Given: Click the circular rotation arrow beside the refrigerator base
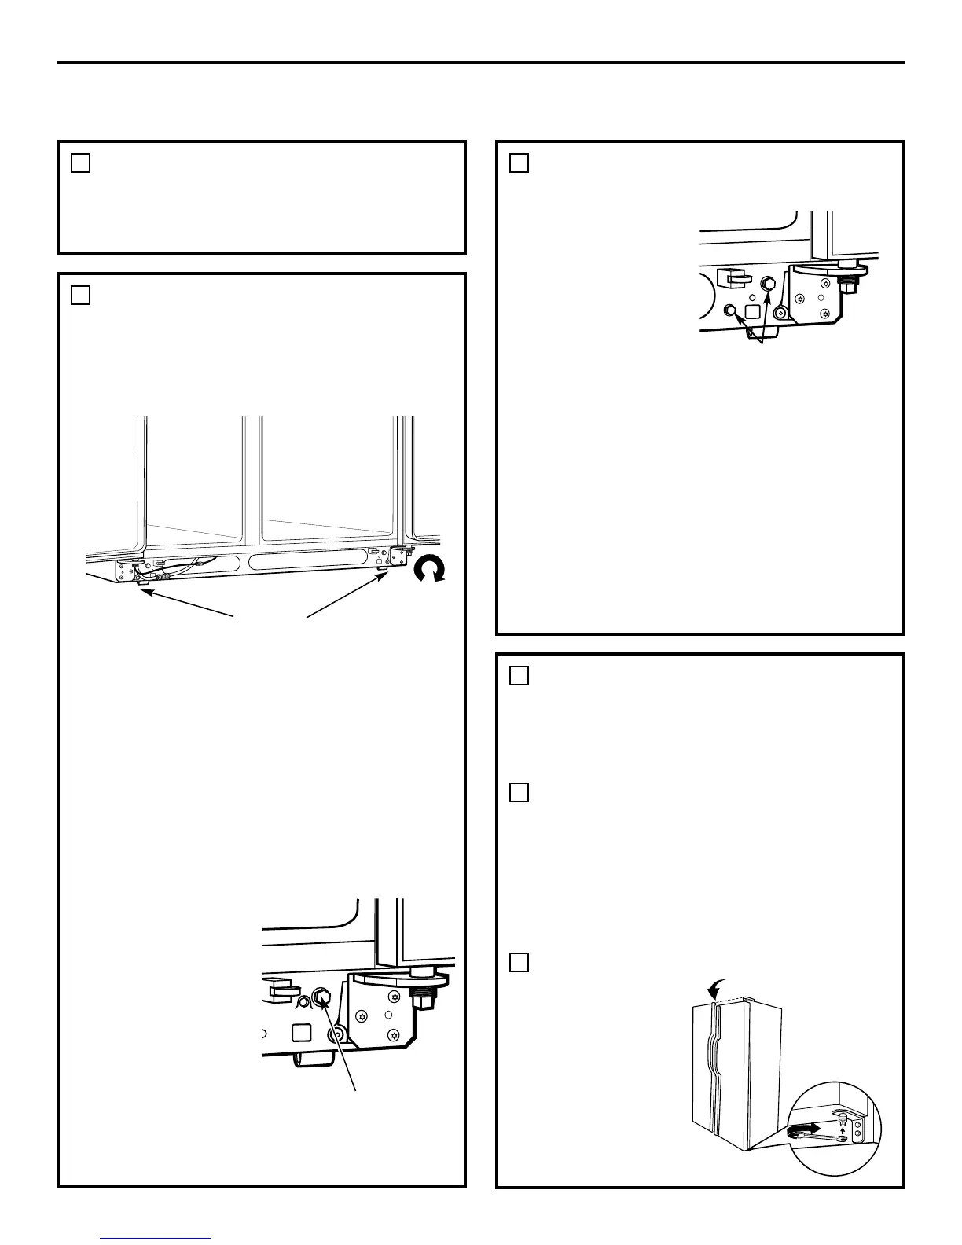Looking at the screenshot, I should point(430,570).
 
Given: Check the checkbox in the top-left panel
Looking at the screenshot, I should point(80,163).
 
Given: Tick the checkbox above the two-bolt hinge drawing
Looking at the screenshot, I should point(519,163).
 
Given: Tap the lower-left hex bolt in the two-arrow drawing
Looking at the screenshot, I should point(729,310).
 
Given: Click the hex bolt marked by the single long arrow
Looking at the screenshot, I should point(321,997).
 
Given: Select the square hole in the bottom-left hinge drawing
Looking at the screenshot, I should point(302,1031).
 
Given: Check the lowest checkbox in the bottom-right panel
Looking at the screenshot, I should point(519,962).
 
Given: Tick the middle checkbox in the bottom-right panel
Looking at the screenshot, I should point(519,792).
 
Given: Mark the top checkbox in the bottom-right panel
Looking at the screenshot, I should point(519,676).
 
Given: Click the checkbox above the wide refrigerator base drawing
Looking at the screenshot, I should point(80,295).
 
